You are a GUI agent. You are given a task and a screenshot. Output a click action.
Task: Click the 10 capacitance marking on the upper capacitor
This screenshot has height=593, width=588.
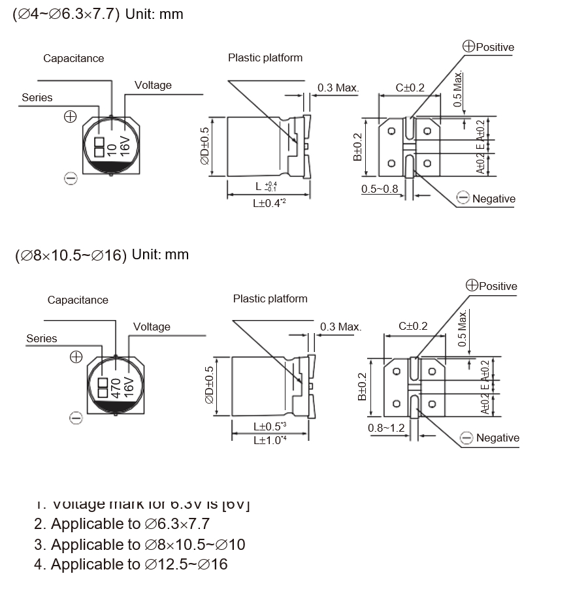pyautogui.click(x=112, y=149)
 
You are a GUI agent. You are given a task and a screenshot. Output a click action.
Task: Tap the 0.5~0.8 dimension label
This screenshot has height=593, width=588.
pyautogui.click(x=380, y=189)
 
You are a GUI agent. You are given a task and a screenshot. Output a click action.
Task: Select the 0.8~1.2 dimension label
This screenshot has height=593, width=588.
pyautogui.click(x=387, y=428)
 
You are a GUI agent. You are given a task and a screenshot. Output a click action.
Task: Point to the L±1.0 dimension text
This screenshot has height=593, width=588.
pyautogui.click(x=270, y=440)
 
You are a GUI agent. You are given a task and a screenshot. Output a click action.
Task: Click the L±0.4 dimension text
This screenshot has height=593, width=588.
pyautogui.click(x=270, y=203)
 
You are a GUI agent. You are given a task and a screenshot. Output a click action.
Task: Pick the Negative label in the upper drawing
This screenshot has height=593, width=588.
pyautogui.click(x=493, y=199)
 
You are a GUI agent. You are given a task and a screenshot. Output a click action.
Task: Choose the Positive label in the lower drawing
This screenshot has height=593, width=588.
pyautogui.click(x=497, y=286)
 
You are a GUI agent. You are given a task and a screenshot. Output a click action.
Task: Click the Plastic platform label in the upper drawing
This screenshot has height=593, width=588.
pyautogui.click(x=265, y=57)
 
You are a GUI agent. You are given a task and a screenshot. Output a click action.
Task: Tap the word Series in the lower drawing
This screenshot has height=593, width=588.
pyautogui.click(x=42, y=338)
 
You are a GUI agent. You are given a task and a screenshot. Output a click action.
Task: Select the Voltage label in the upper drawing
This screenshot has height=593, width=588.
pyautogui.click(x=153, y=85)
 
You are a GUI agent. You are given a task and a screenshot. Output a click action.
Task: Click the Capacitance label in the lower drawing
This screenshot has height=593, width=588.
pyautogui.click(x=78, y=300)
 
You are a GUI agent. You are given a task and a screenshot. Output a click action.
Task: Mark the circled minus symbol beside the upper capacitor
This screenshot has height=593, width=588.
pyautogui.click(x=71, y=178)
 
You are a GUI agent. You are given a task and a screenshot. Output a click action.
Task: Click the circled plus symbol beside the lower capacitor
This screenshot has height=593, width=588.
pyautogui.click(x=76, y=357)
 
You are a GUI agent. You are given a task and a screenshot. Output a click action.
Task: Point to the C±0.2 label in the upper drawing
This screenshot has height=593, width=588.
pyautogui.click(x=410, y=88)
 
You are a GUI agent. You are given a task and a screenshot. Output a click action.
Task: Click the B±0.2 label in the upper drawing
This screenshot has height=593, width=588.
pyautogui.click(x=358, y=147)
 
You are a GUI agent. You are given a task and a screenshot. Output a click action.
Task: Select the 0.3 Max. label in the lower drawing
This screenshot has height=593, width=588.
pyautogui.click(x=340, y=327)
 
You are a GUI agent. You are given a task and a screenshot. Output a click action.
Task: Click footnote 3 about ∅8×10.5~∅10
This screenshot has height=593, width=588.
pyautogui.click(x=140, y=544)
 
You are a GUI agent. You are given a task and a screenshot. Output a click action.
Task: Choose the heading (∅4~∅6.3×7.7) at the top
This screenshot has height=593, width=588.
pyautogui.click(x=66, y=14)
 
